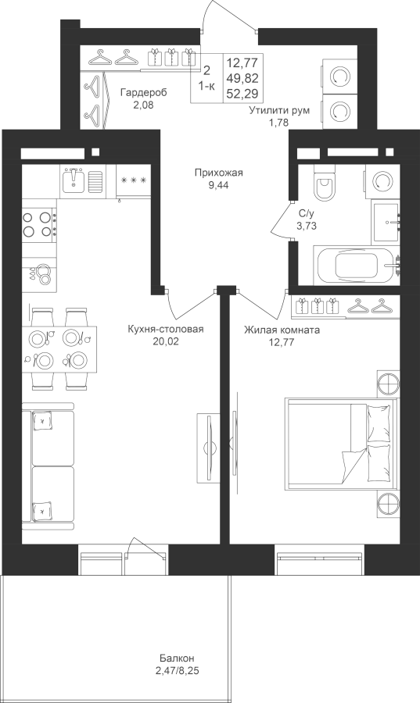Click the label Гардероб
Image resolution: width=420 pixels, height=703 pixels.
coord(143,93)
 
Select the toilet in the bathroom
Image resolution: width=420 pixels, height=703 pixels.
coord(325,184)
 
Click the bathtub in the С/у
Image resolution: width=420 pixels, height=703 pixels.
coord(357,265)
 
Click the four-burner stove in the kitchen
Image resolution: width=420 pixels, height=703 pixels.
coord(39,223)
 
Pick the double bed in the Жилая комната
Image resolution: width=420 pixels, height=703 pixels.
coord(342,443)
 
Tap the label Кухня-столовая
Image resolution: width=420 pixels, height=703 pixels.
coord(166,330)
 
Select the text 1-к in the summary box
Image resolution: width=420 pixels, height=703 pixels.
coord(206,87)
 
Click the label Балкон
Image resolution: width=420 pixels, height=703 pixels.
coord(177,658)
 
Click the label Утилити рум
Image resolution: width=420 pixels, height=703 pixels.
coord(279,110)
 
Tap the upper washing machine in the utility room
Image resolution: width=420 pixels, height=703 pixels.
coord(339,77)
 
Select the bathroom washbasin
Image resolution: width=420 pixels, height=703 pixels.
coord(386,222)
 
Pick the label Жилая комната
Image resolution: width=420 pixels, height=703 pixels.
coord(282,330)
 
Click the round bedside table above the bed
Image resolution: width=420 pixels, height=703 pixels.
coord(388,383)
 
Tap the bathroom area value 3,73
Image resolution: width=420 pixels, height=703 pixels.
coord(307,226)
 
